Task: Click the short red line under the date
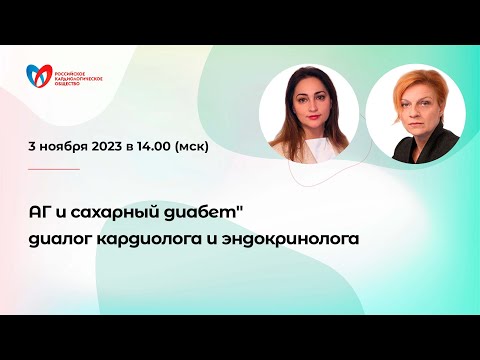pos(54,169)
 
